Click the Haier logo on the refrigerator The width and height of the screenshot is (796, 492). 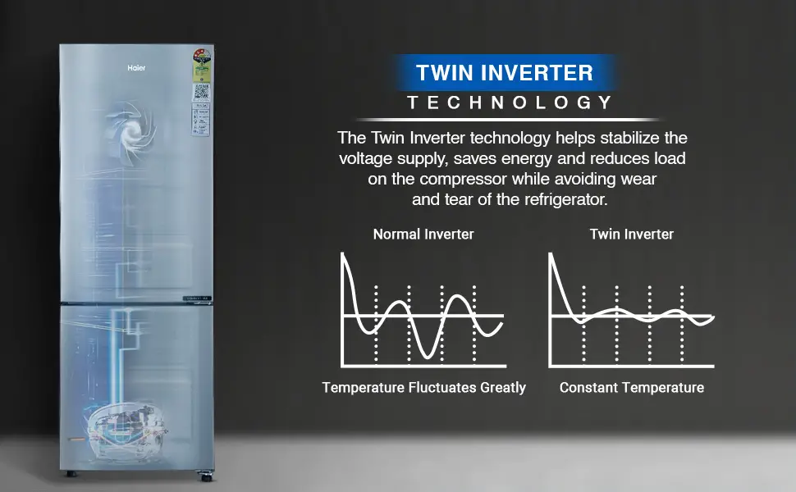coord(136,68)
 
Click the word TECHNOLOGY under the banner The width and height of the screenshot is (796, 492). coord(510,102)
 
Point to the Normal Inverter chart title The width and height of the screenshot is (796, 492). coord(423,235)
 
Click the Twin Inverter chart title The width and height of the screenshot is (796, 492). coord(631,235)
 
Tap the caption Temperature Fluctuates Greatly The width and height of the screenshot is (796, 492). coord(423,387)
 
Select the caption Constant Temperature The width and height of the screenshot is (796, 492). coord(631,387)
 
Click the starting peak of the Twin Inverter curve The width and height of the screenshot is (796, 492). coord(551,256)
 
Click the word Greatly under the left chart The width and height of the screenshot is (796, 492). coord(498,388)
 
